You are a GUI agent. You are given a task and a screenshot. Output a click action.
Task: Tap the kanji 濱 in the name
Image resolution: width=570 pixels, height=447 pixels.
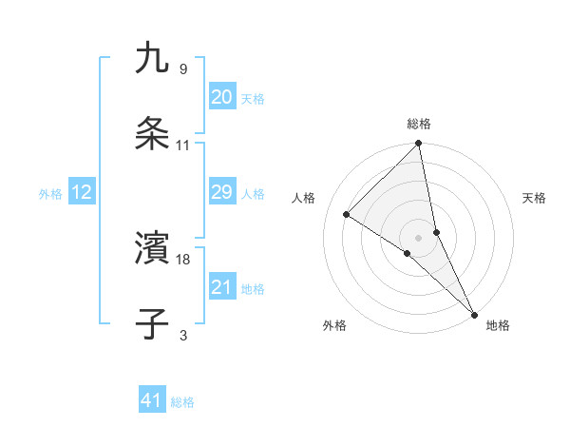pyautogui.click(x=153, y=248)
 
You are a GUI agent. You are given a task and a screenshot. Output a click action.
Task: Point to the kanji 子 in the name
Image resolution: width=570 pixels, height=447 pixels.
pyautogui.click(x=153, y=323)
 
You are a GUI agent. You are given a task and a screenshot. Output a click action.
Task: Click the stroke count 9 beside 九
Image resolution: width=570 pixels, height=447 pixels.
pyautogui.click(x=182, y=68)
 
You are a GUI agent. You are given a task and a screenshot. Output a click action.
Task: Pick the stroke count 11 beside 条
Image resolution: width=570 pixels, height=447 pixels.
pyautogui.click(x=183, y=145)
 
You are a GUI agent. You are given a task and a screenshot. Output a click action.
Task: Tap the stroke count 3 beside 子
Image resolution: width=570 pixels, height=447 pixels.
pyautogui.click(x=183, y=334)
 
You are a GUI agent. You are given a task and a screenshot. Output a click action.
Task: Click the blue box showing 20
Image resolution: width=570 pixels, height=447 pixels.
pyautogui.click(x=221, y=97)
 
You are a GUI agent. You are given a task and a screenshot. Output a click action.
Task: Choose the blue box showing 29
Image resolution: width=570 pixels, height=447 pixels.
pyautogui.click(x=221, y=193)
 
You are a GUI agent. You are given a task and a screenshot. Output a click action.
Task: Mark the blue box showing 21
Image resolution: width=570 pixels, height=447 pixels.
pyautogui.click(x=221, y=287)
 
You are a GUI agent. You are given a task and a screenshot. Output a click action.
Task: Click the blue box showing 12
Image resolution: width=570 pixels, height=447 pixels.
pyautogui.click(x=81, y=193)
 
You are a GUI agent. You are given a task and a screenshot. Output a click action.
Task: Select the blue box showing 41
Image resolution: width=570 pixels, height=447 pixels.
pyautogui.click(x=152, y=401)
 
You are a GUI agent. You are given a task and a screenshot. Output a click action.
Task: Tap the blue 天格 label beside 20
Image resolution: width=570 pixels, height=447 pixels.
pyautogui.click(x=253, y=99)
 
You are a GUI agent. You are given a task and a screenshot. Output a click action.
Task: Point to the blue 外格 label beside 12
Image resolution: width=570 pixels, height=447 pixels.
pyautogui.click(x=50, y=194)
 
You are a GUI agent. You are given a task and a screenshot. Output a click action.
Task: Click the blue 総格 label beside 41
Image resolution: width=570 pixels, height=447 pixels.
pyautogui.click(x=182, y=402)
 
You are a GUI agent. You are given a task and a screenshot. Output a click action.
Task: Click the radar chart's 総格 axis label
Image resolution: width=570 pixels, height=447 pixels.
pyautogui.click(x=419, y=124)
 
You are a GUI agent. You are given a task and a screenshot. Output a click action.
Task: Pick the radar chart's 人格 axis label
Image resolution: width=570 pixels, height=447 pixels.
pyautogui.click(x=305, y=198)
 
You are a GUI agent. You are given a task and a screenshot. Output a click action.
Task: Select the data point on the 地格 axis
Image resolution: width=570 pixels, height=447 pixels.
pyautogui.click(x=475, y=313)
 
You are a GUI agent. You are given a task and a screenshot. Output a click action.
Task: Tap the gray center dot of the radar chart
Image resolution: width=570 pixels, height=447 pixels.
pyautogui.click(x=419, y=236)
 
